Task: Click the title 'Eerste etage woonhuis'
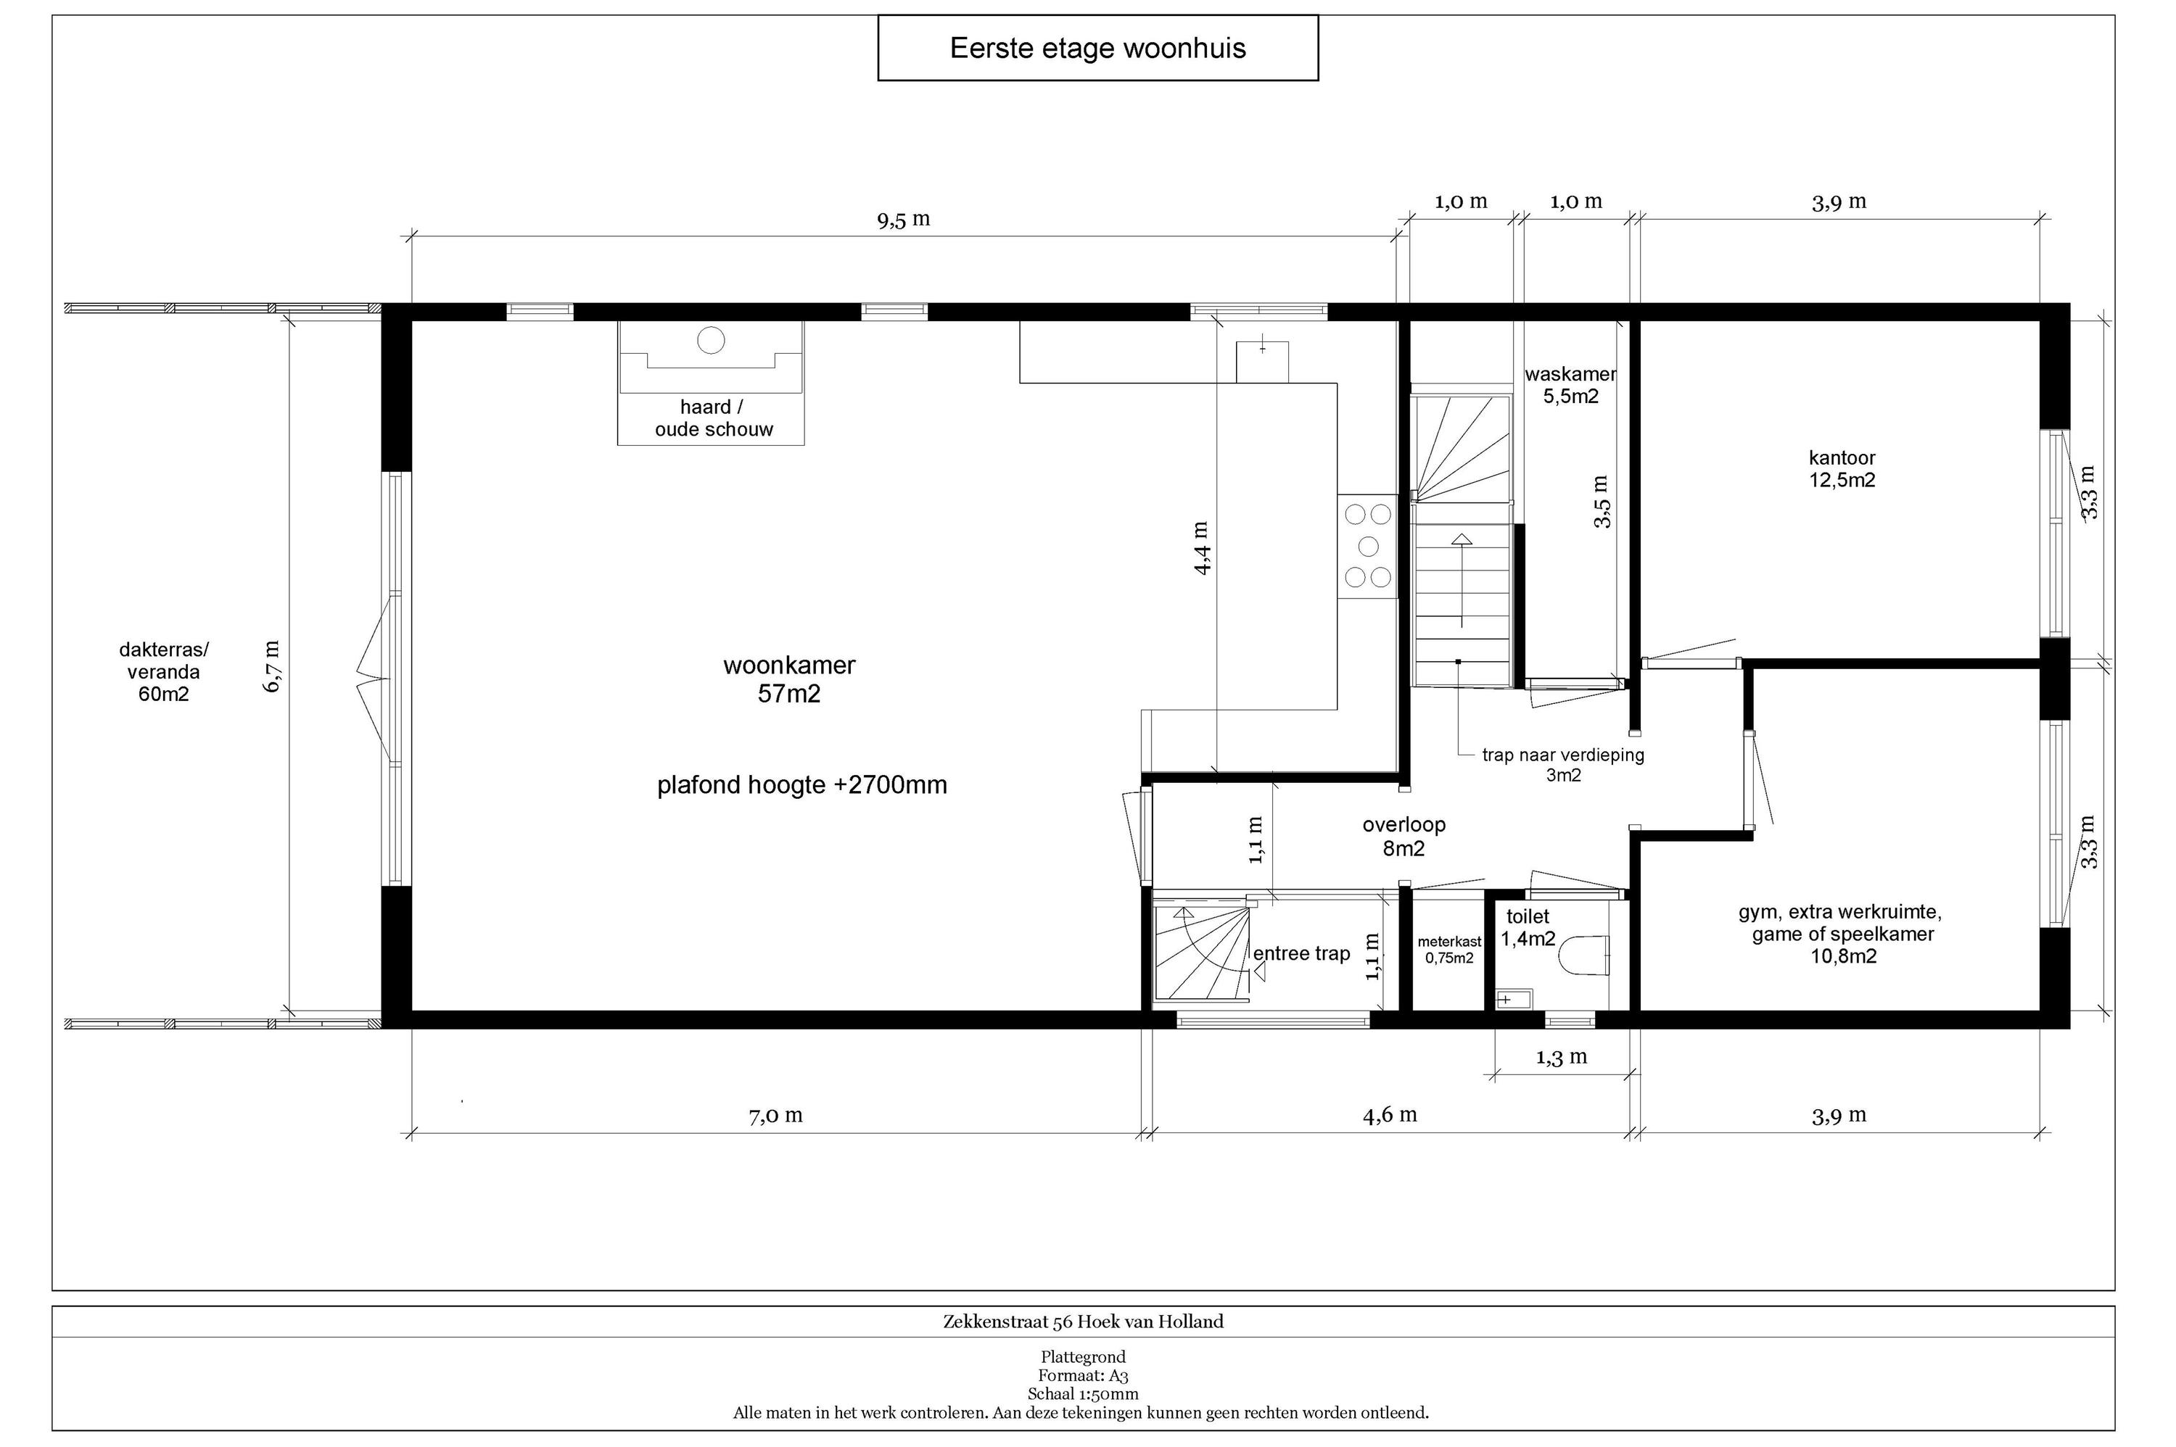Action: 1097,48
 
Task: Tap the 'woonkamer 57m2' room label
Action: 789,679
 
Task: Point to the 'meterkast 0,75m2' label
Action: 1449,950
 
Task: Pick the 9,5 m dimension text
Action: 903,220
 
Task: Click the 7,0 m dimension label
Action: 775,1116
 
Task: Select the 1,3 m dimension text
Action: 1561,1057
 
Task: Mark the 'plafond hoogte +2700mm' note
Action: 802,785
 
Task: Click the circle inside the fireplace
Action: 711,341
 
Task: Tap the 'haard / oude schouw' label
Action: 713,418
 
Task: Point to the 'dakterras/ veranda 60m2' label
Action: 163,672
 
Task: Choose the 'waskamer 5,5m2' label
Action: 1570,386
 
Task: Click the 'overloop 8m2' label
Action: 1404,836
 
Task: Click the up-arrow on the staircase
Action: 1462,581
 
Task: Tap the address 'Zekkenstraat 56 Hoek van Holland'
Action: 1083,1322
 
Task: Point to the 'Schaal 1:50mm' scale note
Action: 1083,1394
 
